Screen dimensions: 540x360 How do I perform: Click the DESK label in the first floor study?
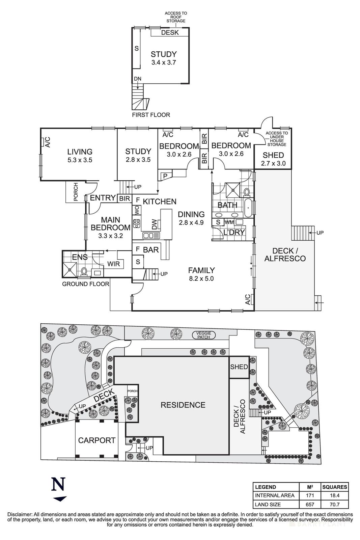(x=168, y=33)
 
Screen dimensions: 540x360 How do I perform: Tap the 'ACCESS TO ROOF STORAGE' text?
(x=175, y=17)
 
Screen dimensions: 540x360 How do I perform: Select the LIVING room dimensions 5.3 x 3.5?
(x=80, y=160)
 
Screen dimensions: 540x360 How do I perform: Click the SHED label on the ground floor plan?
(x=273, y=156)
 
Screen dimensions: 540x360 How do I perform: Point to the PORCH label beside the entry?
(x=76, y=192)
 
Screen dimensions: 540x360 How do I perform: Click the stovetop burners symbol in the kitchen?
(x=137, y=223)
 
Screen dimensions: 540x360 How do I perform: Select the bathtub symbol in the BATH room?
(x=248, y=208)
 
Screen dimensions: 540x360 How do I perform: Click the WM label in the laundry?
(x=229, y=222)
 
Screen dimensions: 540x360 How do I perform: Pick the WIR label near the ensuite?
(x=114, y=264)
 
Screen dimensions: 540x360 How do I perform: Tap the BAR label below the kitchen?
(x=151, y=250)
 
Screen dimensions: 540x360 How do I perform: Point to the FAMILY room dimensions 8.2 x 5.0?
(x=201, y=279)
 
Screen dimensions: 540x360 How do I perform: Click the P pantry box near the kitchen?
(x=165, y=175)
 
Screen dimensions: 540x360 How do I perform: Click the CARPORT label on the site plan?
(x=97, y=440)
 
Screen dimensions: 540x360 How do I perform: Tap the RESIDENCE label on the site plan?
(x=183, y=405)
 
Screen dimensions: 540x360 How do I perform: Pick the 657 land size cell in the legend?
(x=310, y=504)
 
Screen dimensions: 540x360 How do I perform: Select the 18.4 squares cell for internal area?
(x=334, y=495)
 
